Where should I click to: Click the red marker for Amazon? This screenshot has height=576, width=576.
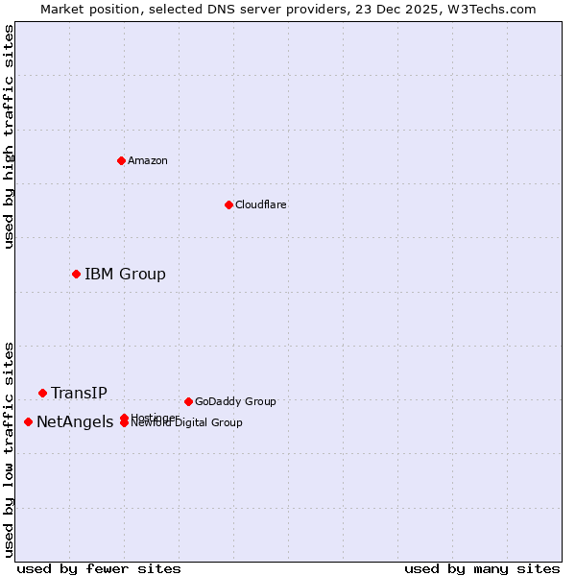[x=121, y=160]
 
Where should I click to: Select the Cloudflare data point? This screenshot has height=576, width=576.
[x=228, y=204]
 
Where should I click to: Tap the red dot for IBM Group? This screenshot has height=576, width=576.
[x=76, y=274]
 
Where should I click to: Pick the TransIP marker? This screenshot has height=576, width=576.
[x=42, y=393]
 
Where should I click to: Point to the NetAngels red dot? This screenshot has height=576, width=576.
[x=28, y=421]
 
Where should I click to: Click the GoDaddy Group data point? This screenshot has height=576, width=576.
[x=188, y=401]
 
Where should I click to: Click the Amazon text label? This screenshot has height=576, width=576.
[x=148, y=160]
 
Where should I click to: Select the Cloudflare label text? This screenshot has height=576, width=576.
[x=261, y=204]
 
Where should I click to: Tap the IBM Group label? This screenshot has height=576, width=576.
[x=125, y=275]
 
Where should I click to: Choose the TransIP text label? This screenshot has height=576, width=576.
[x=79, y=394]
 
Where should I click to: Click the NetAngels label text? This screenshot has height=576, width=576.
[x=75, y=422]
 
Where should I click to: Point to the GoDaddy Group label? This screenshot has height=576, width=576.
[x=235, y=401]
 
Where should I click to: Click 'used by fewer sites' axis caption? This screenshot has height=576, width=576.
[x=99, y=568]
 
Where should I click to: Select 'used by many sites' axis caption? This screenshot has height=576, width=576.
[x=482, y=568]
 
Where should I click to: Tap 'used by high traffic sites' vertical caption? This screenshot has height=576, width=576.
[x=10, y=136]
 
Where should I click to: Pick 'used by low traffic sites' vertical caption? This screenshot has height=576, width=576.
[x=10, y=448]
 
